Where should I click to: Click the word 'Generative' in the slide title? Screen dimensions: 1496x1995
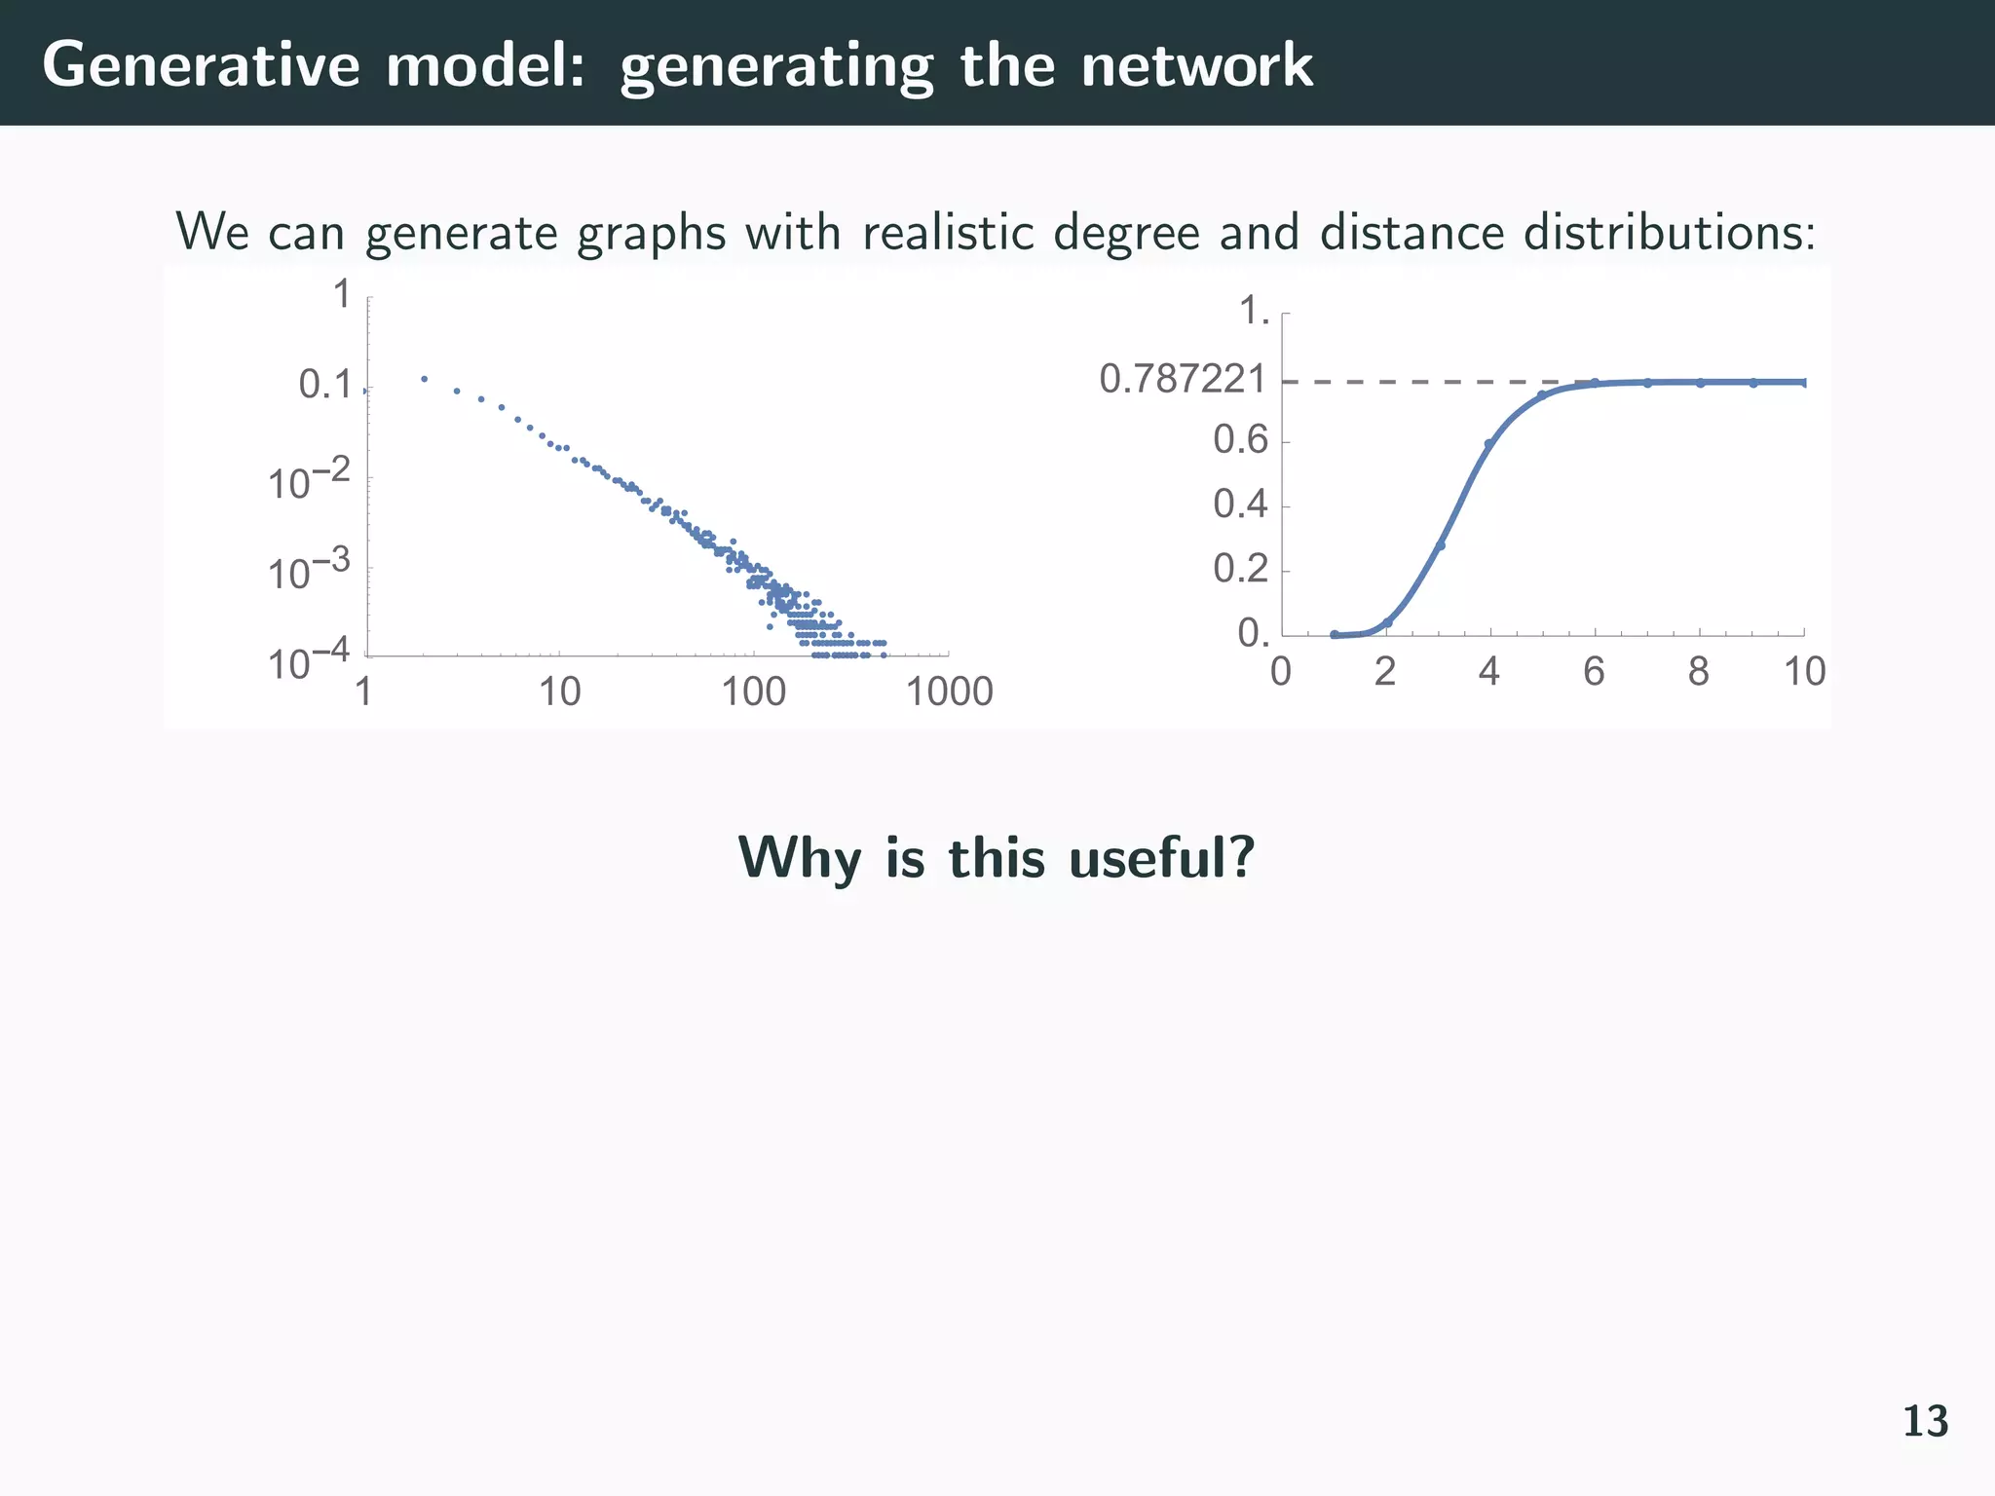click(201, 66)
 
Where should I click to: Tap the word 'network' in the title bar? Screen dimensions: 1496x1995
click(1196, 66)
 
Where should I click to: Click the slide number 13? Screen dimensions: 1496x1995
click(1925, 1422)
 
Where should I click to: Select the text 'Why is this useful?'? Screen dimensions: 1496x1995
click(996, 858)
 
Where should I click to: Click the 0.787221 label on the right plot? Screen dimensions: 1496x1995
click(1183, 380)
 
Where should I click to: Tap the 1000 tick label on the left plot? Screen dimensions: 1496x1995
click(949, 692)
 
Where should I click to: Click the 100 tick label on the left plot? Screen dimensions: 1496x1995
click(753, 692)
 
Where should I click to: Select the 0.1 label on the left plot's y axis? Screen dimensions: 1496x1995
click(324, 386)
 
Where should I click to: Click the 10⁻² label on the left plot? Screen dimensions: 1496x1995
click(309, 481)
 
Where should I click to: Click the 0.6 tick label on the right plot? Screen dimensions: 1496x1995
click(1240, 441)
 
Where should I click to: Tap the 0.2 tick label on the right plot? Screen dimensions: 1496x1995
click(1240, 569)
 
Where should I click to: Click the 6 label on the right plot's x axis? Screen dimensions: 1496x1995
click(1594, 672)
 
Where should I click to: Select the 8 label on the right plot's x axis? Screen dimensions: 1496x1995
click(1699, 672)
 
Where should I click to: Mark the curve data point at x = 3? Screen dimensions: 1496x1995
click(1441, 545)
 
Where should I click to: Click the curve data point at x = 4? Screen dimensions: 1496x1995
click(1488, 444)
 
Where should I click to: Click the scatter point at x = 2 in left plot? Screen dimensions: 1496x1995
click(424, 379)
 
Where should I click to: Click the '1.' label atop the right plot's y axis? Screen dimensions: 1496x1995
click(1254, 313)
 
